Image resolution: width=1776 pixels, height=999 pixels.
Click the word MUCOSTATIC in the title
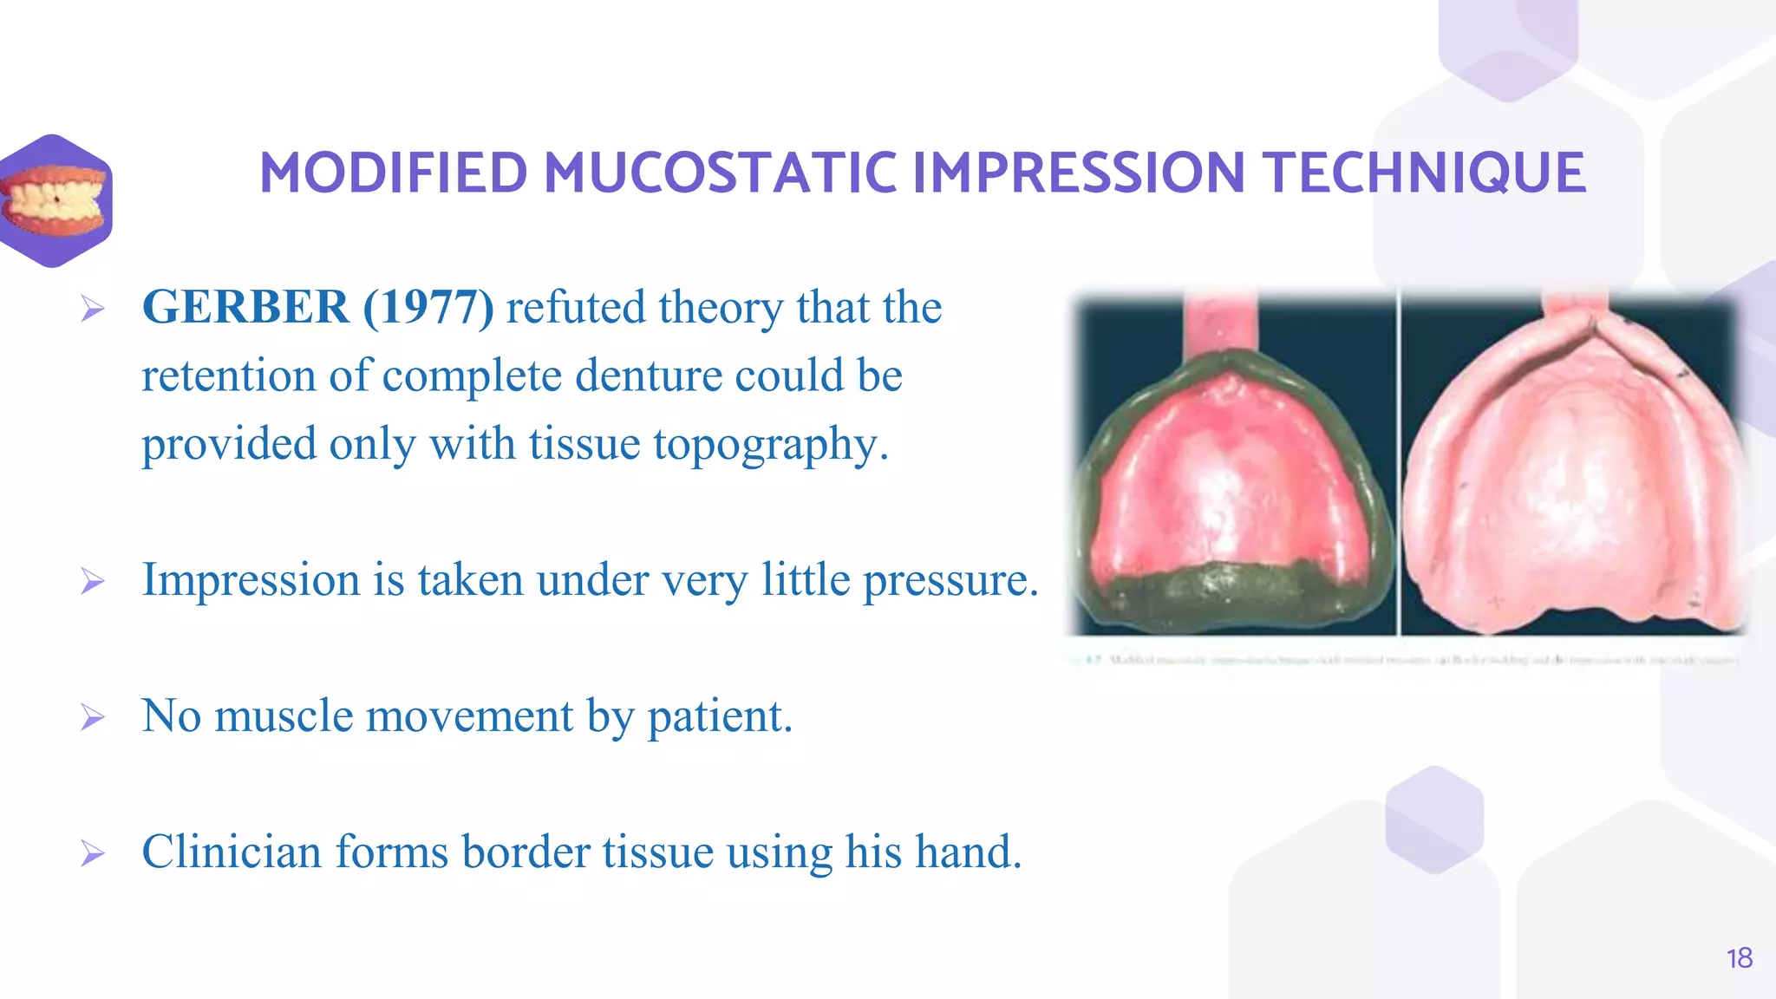(x=720, y=173)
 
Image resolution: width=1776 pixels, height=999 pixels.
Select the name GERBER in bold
(x=245, y=307)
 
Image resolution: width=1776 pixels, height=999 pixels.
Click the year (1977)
(x=428, y=307)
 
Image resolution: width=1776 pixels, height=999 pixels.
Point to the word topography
(x=770, y=444)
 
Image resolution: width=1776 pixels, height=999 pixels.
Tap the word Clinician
(x=232, y=852)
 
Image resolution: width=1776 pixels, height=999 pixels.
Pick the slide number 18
(x=1739, y=958)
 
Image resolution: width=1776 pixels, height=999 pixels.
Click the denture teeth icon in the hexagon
(x=55, y=200)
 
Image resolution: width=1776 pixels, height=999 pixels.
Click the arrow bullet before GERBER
(x=93, y=309)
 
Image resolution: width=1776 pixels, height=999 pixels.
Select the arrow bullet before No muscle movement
(x=93, y=717)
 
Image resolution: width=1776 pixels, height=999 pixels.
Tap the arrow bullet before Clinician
(x=93, y=853)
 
